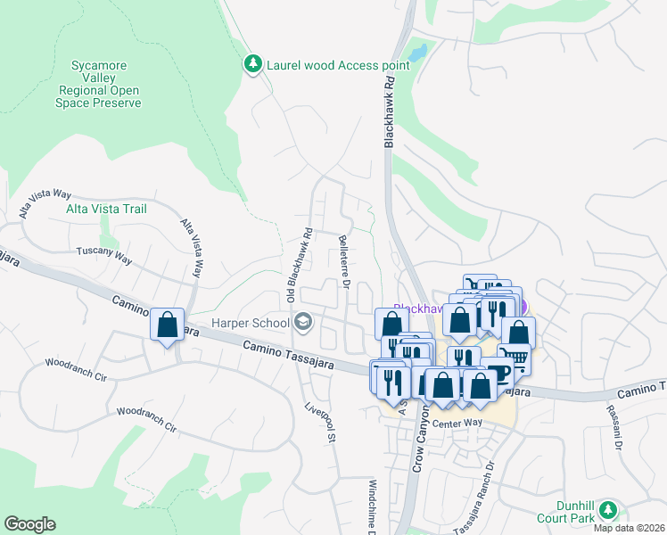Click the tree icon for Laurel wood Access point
253,64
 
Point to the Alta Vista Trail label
106,209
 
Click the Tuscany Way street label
103,256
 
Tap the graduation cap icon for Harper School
303,322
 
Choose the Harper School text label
250,323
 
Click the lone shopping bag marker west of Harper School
167,325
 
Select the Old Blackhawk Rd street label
307,264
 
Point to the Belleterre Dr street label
343,263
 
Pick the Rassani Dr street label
615,428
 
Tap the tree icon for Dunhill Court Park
608,510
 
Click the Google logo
29,524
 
